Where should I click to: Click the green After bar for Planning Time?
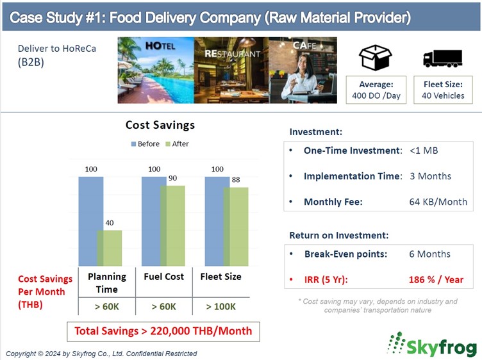[110, 248]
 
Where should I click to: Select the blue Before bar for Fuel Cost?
[151, 221]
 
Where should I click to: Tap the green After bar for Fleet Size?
[236, 227]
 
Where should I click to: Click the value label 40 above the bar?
[110, 223]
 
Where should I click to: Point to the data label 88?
[236, 179]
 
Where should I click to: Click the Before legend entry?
[145, 143]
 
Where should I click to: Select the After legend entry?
[177, 143]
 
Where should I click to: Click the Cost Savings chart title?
[160, 125]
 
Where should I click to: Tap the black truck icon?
[443, 58]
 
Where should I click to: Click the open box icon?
[376, 58]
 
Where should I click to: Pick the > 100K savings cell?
[221, 307]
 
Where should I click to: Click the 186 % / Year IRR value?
[436, 279]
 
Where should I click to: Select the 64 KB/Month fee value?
[438, 202]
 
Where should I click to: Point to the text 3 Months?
[430, 176]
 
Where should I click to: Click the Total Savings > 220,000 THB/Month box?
[163, 331]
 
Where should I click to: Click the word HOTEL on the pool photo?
[160, 46]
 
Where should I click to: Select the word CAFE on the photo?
[304, 45]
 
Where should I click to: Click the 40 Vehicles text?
[443, 95]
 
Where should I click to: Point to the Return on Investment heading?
[339, 235]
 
